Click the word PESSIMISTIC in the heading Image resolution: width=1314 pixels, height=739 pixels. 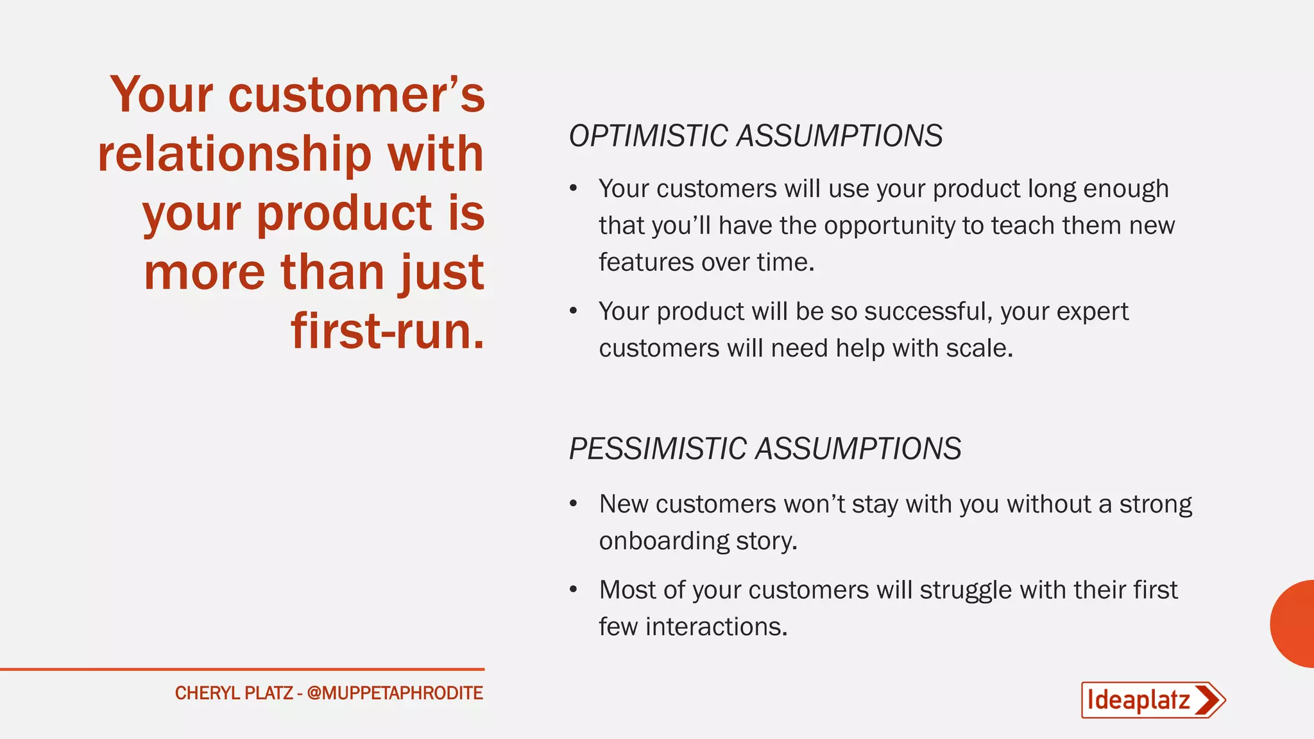point(657,448)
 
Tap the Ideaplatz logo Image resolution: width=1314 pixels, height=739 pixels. point(1152,700)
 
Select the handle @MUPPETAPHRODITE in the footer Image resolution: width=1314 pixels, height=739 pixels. point(395,693)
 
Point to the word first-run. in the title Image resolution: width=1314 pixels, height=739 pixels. point(388,331)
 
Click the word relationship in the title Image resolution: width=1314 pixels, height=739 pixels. point(234,154)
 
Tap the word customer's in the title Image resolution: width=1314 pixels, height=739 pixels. point(356,95)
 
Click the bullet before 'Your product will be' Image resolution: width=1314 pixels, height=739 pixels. point(574,312)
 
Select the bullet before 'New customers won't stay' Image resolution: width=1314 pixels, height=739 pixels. point(574,504)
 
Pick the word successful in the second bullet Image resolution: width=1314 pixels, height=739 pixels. point(924,312)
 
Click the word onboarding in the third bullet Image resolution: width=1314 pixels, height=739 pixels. point(663,541)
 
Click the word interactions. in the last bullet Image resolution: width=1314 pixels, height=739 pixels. point(716,627)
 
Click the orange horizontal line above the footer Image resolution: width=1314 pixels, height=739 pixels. point(242,669)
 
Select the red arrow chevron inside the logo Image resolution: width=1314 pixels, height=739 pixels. point(1208,700)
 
